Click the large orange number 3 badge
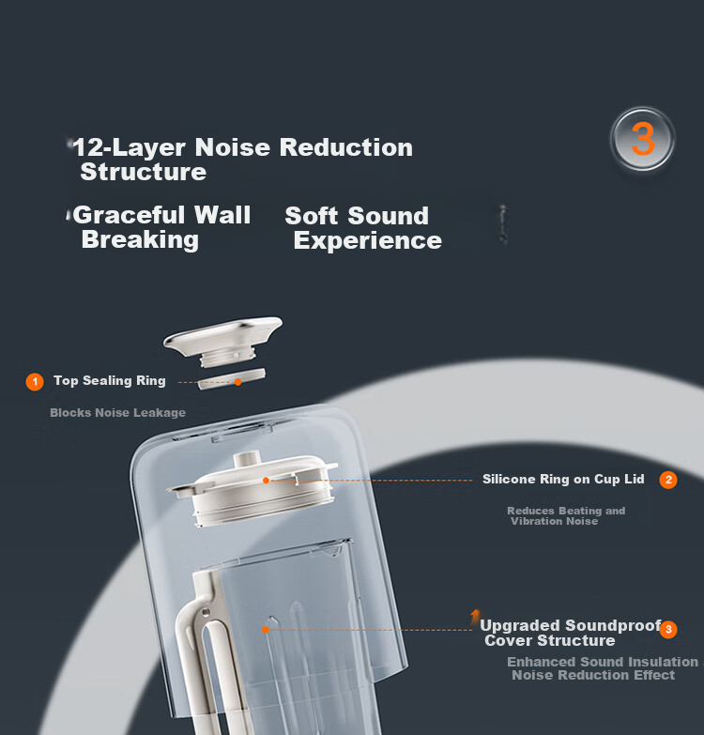pyautogui.click(x=643, y=139)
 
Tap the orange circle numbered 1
pyautogui.click(x=35, y=381)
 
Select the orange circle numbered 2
pyautogui.click(x=668, y=480)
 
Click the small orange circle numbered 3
pyautogui.click(x=668, y=629)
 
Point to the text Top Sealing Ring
pyautogui.click(x=110, y=380)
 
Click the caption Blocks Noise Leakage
pyautogui.click(x=117, y=412)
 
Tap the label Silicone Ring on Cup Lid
pyautogui.click(x=563, y=479)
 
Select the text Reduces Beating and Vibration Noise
pyautogui.click(x=566, y=515)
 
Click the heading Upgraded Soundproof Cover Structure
pyautogui.click(x=571, y=633)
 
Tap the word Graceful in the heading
pyautogui.click(x=129, y=216)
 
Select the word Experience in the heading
pyautogui.click(x=368, y=240)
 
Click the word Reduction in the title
pyautogui.click(x=346, y=147)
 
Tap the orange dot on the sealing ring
pyautogui.click(x=238, y=382)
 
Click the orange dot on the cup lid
pyautogui.click(x=266, y=480)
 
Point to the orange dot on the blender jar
pyautogui.click(x=266, y=630)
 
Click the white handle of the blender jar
pyautogui.click(x=207, y=647)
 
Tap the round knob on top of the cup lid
pyautogui.click(x=248, y=458)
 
